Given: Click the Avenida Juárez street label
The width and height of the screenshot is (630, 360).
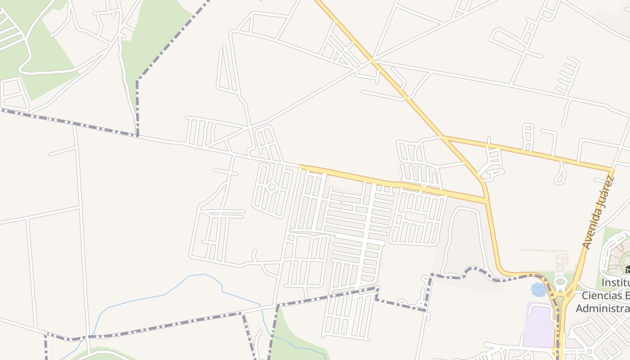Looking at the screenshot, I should [598, 212].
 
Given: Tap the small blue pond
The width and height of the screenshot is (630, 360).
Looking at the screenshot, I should [539, 289].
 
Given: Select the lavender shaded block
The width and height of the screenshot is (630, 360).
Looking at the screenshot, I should [538, 324].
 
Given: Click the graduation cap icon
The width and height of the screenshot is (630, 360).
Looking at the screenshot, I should [627, 270].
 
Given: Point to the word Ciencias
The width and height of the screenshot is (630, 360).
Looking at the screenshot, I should [605, 296].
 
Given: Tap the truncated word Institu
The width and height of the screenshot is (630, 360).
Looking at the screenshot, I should [615, 283].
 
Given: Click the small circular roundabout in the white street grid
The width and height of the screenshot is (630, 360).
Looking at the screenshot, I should [271, 187].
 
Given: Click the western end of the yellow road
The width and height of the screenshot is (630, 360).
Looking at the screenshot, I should [301, 167].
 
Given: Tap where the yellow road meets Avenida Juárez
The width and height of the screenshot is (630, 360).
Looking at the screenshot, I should [611, 170].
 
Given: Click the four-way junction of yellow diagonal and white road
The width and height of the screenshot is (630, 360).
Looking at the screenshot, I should [372, 60].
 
